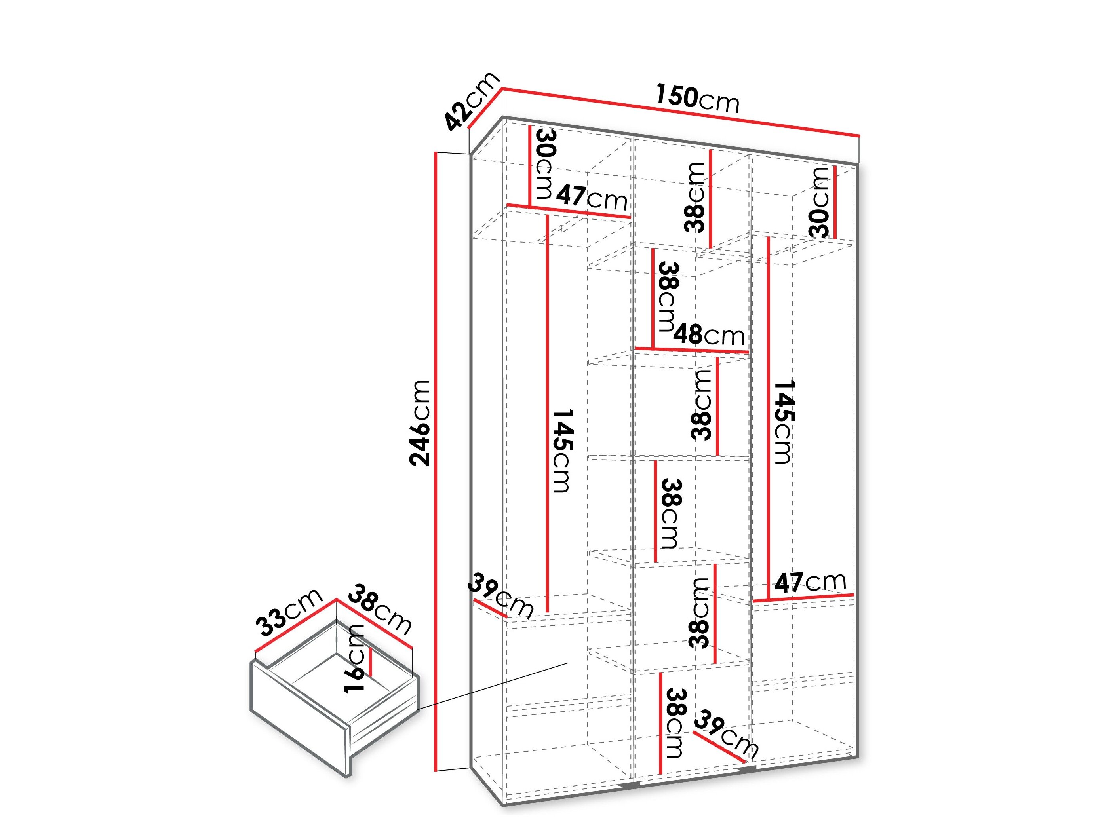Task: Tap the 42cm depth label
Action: pos(471,102)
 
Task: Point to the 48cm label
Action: pos(709,334)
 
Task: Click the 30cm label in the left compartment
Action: pos(545,164)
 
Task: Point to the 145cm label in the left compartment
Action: pos(563,451)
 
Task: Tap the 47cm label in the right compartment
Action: pos(810,582)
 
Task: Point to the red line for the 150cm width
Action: pos(681,112)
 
